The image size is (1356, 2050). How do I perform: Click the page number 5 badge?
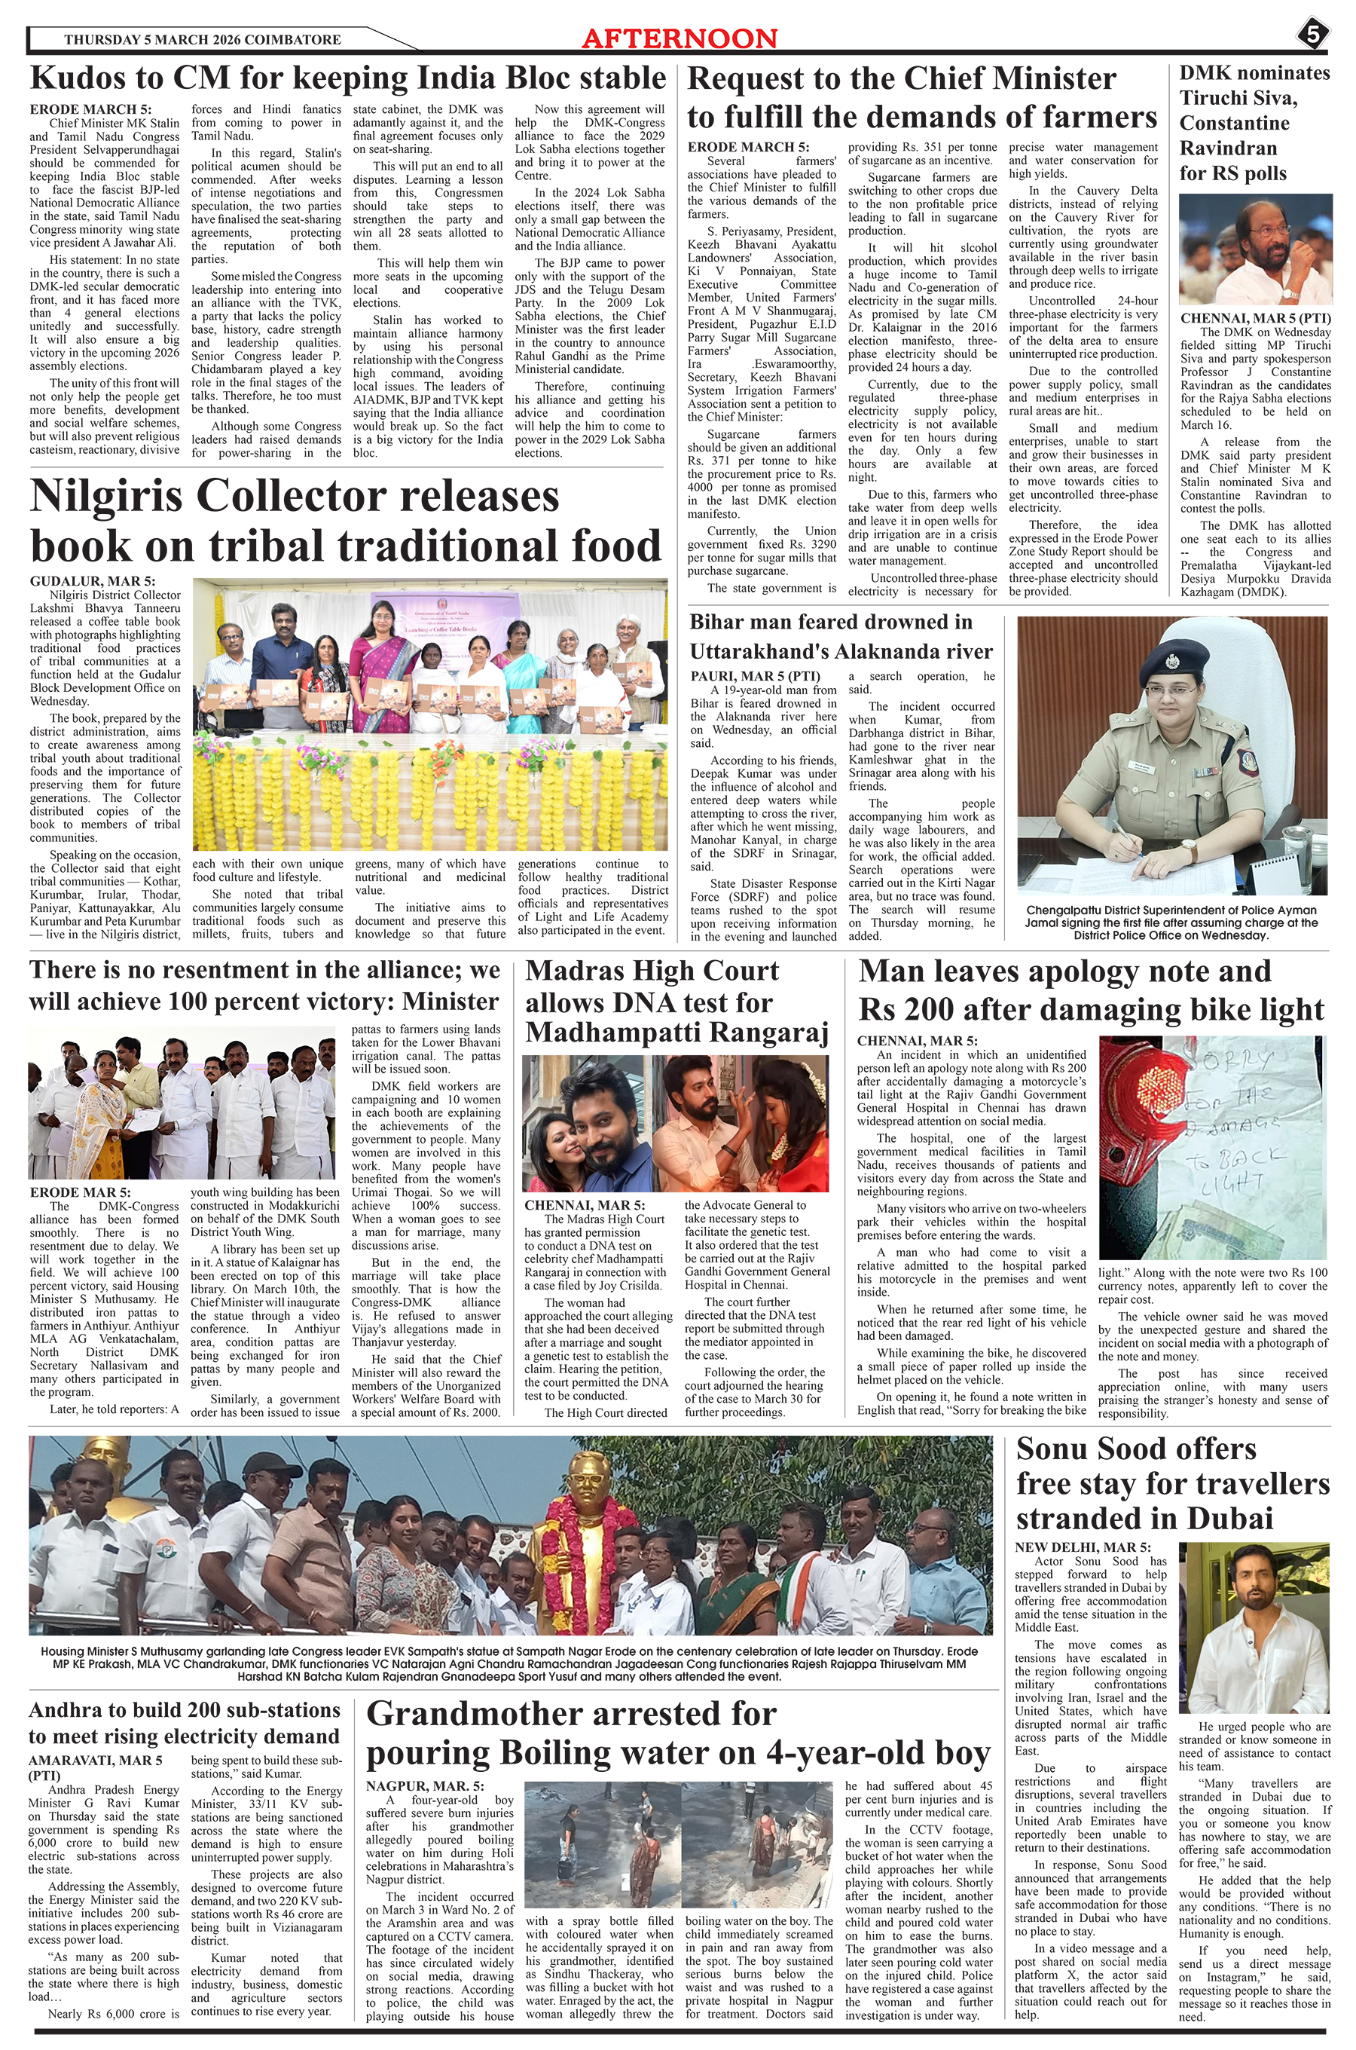pos(1312,35)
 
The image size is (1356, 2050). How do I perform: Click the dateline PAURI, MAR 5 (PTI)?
pos(755,675)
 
